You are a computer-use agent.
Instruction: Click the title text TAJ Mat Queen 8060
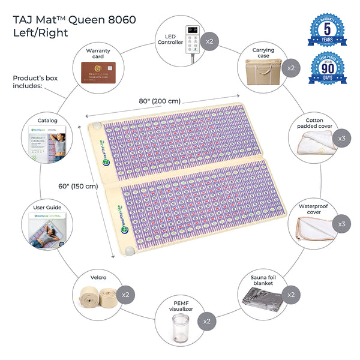pos(73,19)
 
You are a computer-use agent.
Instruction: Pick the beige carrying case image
pos(261,71)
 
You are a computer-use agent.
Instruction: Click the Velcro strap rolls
pos(100,296)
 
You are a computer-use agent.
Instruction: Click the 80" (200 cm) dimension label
pos(161,100)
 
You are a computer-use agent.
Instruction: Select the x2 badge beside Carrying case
pos(290,68)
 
